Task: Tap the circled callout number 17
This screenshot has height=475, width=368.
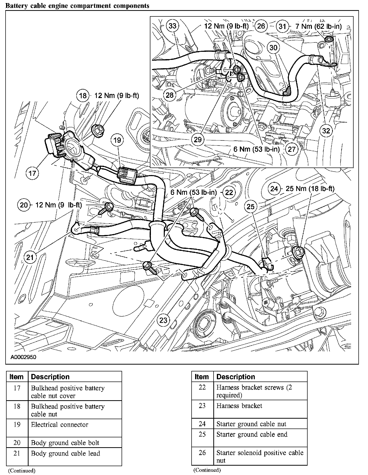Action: click(x=32, y=173)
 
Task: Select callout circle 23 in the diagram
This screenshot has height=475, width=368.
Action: click(x=163, y=320)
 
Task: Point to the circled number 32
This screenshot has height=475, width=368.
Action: click(x=326, y=131)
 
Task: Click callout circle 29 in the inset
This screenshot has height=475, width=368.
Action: click(x=198, y=139)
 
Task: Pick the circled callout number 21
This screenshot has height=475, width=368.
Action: click(x=30, y=257)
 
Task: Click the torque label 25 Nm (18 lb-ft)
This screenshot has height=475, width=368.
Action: click(x=310, y=189)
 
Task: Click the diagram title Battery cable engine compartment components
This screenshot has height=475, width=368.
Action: click(x=77, y=6)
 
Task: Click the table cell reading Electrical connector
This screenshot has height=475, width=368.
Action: click(x=60, y=424)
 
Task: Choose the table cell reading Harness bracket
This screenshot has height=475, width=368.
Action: click(x=239, y=406)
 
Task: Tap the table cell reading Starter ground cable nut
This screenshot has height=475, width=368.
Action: click(x=251, y=424)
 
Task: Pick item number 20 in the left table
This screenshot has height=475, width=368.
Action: click(x=17, y=442)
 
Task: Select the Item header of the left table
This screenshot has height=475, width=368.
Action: click(x=16, y=377)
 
